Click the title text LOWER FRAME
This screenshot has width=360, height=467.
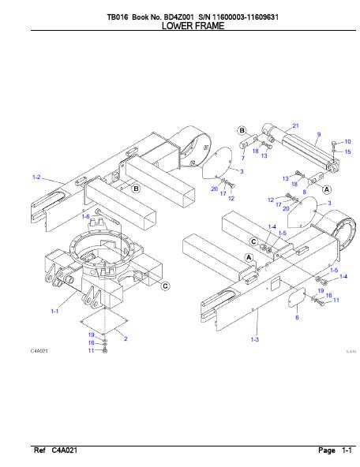(x=193, y=26)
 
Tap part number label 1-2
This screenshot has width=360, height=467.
(x=36, y=177)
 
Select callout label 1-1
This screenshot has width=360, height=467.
(x=54, y=311)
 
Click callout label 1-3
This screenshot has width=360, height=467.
(x=255, y=339)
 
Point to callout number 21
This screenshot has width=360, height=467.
(x=295, y=125)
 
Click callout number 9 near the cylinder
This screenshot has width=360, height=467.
(x=319, y=134)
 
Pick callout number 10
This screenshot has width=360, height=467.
(x=347, y=141)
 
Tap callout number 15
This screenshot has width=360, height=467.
(x=347, y=152)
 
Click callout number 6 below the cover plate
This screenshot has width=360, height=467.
(x=297, y=317)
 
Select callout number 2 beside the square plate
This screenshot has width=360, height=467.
(x=126, y=338)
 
